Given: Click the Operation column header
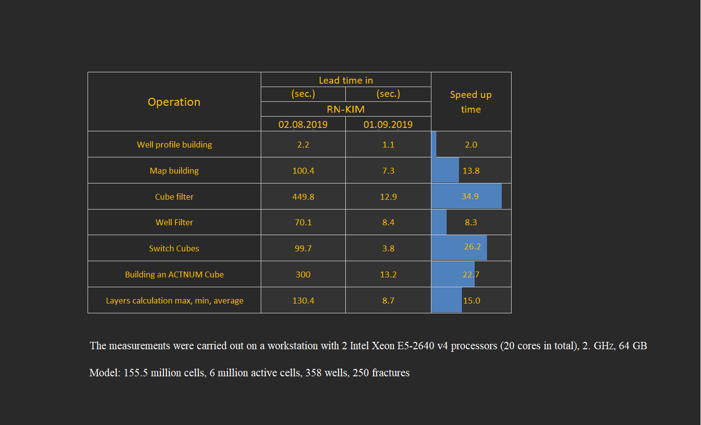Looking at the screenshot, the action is [174, 102].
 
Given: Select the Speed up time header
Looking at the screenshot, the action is [471, 102].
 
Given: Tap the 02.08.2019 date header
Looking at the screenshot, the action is [303, 124].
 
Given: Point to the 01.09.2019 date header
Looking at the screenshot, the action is [388, 124].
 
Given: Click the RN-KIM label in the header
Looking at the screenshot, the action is [346, 109].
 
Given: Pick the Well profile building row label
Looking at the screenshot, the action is [174, 145].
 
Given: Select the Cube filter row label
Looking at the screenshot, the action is [174, 197].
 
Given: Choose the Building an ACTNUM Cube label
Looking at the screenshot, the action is [174, 274].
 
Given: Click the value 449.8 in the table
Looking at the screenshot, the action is [303, 197].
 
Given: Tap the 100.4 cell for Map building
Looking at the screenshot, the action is [303, 171].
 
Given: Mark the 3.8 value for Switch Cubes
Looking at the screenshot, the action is [388, 248].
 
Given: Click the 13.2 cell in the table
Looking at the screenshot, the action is [388, 274].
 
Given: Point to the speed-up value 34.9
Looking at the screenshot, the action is [470, 196].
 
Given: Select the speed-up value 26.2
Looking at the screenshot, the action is [472, 246].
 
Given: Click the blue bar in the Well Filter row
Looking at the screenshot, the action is [439, 222].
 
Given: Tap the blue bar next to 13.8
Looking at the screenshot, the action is [445, 170].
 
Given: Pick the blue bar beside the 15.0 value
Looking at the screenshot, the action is [447, 300].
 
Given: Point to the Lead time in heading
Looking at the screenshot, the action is [346, 81].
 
